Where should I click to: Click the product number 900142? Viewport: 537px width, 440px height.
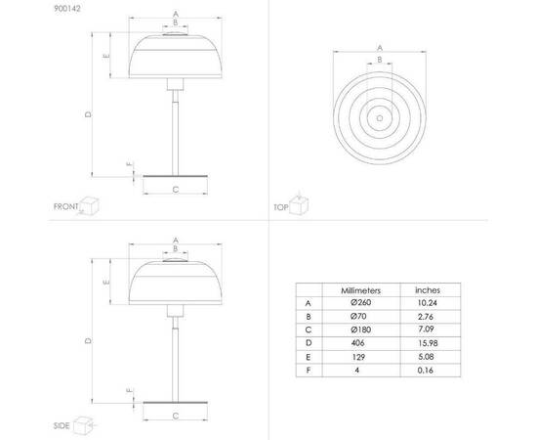click(x=67, y=9)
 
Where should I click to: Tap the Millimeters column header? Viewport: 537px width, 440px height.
click(x=360, y=290)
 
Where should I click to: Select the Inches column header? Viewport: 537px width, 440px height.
click(x=428, y=290)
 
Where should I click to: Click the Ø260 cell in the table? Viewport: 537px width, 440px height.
click(x=360, y=302)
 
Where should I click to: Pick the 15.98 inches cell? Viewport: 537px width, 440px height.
click(x=428, y=343)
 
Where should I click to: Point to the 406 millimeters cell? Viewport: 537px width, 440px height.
click(x=358, y=343)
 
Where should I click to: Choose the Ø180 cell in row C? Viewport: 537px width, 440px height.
click(x=360, y=330)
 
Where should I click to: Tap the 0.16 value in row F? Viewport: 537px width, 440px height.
click(x=426, y=370)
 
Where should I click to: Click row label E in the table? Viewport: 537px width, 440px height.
click(x=309, y=357)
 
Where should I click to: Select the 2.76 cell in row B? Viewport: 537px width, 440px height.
click(x=426, y=317)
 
